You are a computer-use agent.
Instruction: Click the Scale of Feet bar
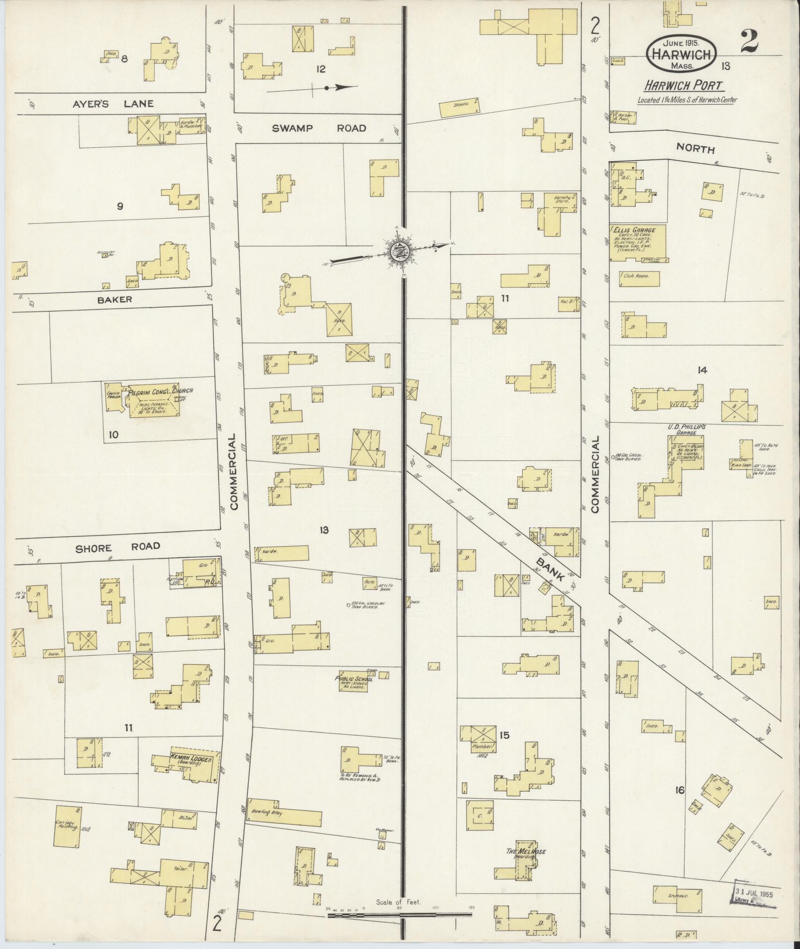pos(399,913)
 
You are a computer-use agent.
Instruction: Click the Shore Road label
pos(118,546)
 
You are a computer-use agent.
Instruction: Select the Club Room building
pos(640,278)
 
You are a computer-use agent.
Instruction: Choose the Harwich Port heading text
pos(682,85)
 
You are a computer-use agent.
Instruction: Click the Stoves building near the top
pos(460,105)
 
